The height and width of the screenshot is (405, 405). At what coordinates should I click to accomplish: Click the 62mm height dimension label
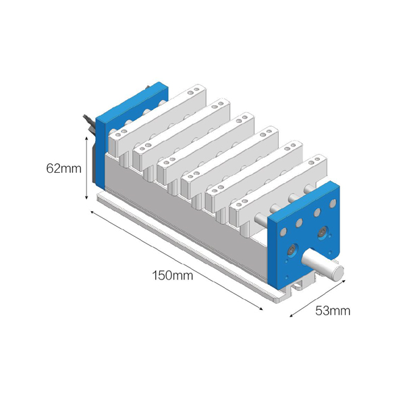[64, 168]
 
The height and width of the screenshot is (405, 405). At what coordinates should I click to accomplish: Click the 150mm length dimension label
[172, 275]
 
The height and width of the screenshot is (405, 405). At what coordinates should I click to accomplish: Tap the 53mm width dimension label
[333, 310]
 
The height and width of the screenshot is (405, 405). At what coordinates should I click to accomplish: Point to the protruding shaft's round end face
[339, 273]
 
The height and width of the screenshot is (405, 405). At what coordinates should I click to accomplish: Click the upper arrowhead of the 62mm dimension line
[87, 138]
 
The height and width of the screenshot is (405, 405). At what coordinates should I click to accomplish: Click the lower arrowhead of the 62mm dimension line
[87, 197]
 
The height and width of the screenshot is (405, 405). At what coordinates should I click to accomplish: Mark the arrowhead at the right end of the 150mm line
[261, 308]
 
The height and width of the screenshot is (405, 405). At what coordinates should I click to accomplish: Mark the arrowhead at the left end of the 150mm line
[92, 212]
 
